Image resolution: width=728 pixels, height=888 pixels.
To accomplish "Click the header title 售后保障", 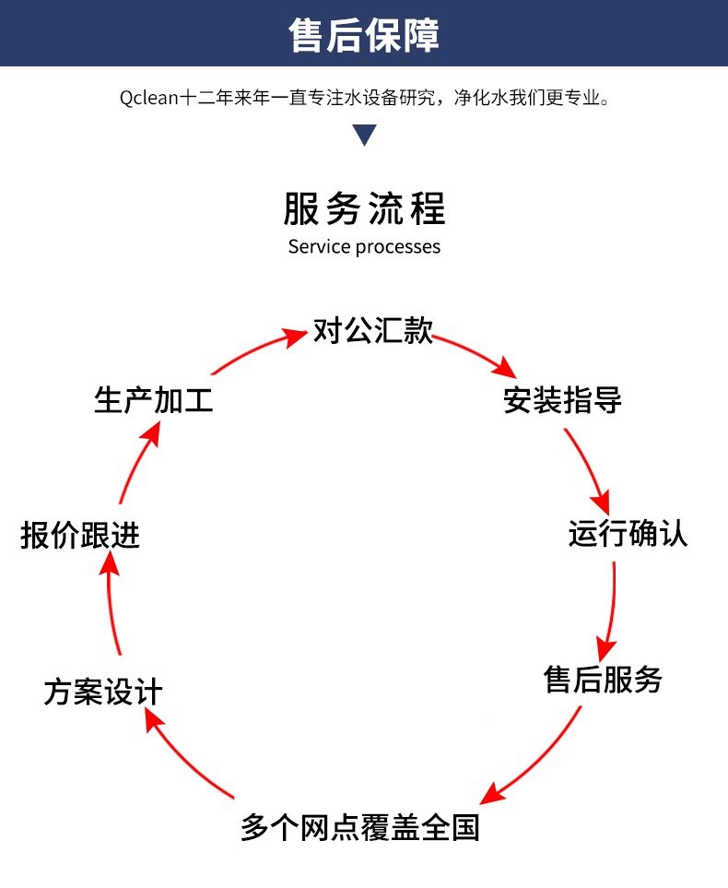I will (x=364, y=35).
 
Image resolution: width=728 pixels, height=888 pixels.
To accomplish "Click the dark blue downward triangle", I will (x=365, y=135).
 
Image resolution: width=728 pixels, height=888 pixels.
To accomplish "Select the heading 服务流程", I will (x=364, y=209).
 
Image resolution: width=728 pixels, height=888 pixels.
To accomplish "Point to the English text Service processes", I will (x=364, y=246).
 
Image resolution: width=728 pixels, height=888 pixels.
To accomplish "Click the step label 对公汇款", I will (x=372, y=331).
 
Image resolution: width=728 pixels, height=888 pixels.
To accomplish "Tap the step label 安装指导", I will (x=562, y=401).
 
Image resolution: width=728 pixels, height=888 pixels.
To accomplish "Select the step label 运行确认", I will (x=628, y=534).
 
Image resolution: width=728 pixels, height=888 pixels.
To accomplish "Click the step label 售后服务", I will (x=604, y=681).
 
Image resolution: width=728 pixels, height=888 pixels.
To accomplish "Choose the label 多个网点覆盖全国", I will (x=360, y=826).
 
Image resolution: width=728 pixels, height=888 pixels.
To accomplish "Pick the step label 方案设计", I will (x=103, y=692).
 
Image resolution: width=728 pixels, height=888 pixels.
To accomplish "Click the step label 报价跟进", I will (x=80, y=535).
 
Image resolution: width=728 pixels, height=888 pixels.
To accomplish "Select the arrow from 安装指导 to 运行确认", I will (x=590, y=470).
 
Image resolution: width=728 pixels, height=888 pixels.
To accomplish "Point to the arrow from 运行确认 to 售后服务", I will (x=610, y=609).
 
